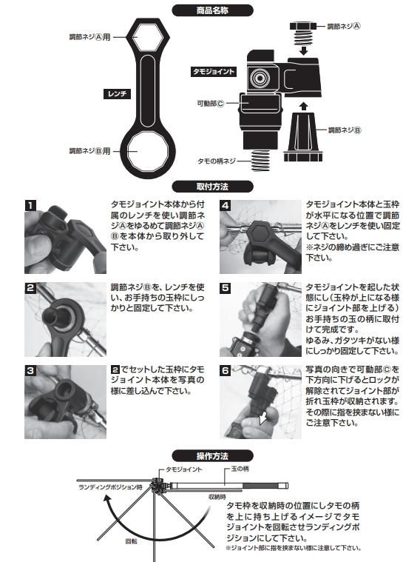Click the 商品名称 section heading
(x=212, y=10)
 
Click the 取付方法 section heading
(x=212, y=187)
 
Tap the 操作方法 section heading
(x=212, y=456)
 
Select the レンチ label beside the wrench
(x=117, y=94)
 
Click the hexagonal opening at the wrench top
(x=147, y=37)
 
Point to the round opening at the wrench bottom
(x=148, y=152)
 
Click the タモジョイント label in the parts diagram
(x=214, y=71)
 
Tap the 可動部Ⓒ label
(x=210, y=103)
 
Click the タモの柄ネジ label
(x=217, y=161)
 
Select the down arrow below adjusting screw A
(x=304, y=50)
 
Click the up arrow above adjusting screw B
(x=304, y=106)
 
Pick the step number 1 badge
(x=30, y=205)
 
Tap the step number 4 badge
(x=226, y=205)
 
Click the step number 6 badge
(x=226, y=370)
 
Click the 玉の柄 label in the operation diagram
(x=240, y=469)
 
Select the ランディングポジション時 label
(x=110, y=487)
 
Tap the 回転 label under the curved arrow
(x=131, y=541)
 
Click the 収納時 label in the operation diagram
(x=217, y=497)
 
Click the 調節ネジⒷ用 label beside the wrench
(x=90, y=151)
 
